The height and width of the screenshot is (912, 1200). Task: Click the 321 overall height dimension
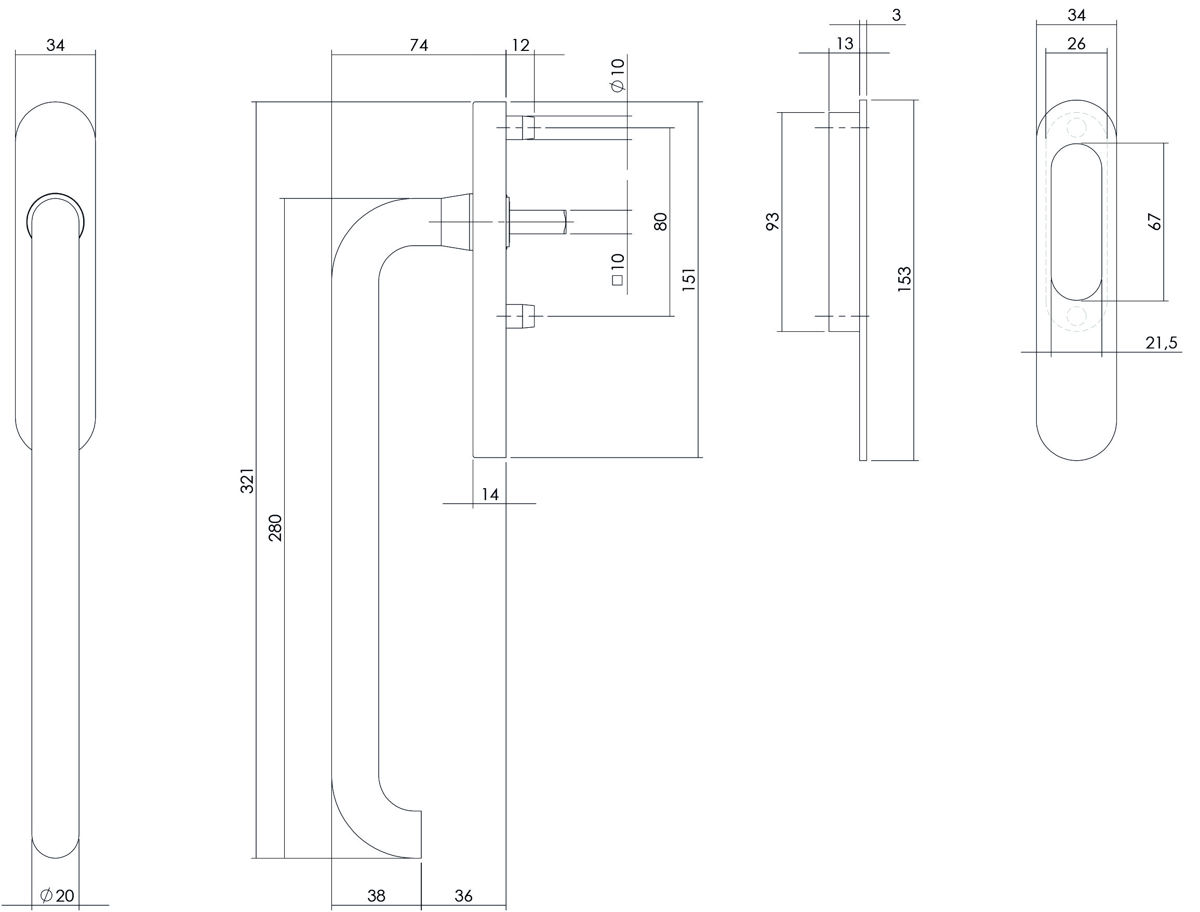click(x=247, y=480)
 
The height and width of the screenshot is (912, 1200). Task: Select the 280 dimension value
click(x=276, y=528)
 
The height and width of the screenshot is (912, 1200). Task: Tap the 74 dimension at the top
click(x=419, y=45)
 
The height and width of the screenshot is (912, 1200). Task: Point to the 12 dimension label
click(x=520, y=45)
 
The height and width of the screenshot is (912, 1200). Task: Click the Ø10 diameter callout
click(x=618, y=75)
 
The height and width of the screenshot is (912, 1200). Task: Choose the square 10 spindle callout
click(x=618, y=269)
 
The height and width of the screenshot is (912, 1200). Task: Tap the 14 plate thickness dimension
click(x=490, y=494)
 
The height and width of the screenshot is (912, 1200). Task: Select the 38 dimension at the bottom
click(x=376, y=896)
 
